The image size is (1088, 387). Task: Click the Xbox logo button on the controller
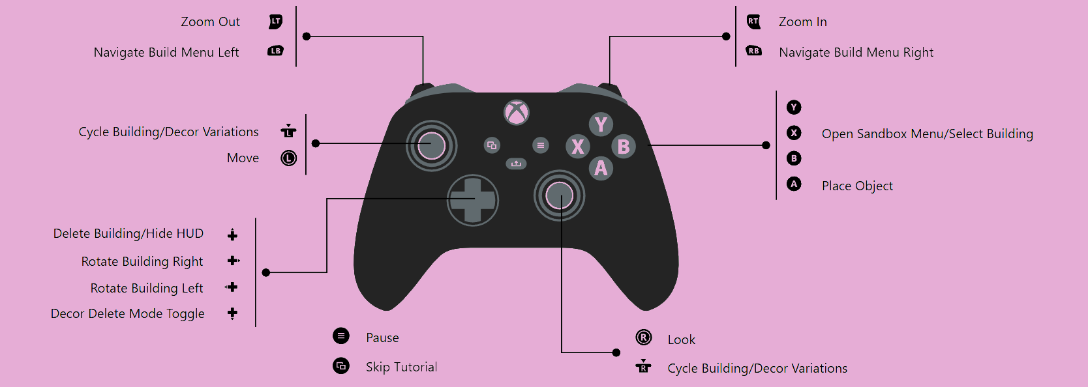(x=517, y=113)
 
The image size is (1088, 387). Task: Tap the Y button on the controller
(x=601, y=124)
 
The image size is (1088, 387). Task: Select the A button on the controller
(x=601, y=168)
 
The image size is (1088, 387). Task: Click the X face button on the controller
(x=578, y=147)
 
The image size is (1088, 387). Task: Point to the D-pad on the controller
(x=473, y=200)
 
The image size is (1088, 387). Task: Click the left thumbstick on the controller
(x=431, y=145)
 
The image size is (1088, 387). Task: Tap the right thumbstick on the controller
(x=560, y=196)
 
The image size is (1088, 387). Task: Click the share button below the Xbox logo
(x=516, y=164)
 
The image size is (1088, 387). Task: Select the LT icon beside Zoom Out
(x=275, y=21)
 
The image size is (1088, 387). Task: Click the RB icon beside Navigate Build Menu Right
(x=754, y=51)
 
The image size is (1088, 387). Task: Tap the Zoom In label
(x=802, y=21)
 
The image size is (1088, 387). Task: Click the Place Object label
(x=857, y=186)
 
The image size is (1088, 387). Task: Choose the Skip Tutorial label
(x=401, y=367)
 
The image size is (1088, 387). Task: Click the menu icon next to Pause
(x=341, y=336)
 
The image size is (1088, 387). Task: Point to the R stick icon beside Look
(x=644, y=337)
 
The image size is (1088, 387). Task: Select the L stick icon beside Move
(x=288, y=158)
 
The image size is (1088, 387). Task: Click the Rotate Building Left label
(x=147, y=288)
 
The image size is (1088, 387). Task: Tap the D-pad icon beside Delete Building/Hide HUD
(x=233, y=235)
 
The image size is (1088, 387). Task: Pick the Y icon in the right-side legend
(x=794, y=107)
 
